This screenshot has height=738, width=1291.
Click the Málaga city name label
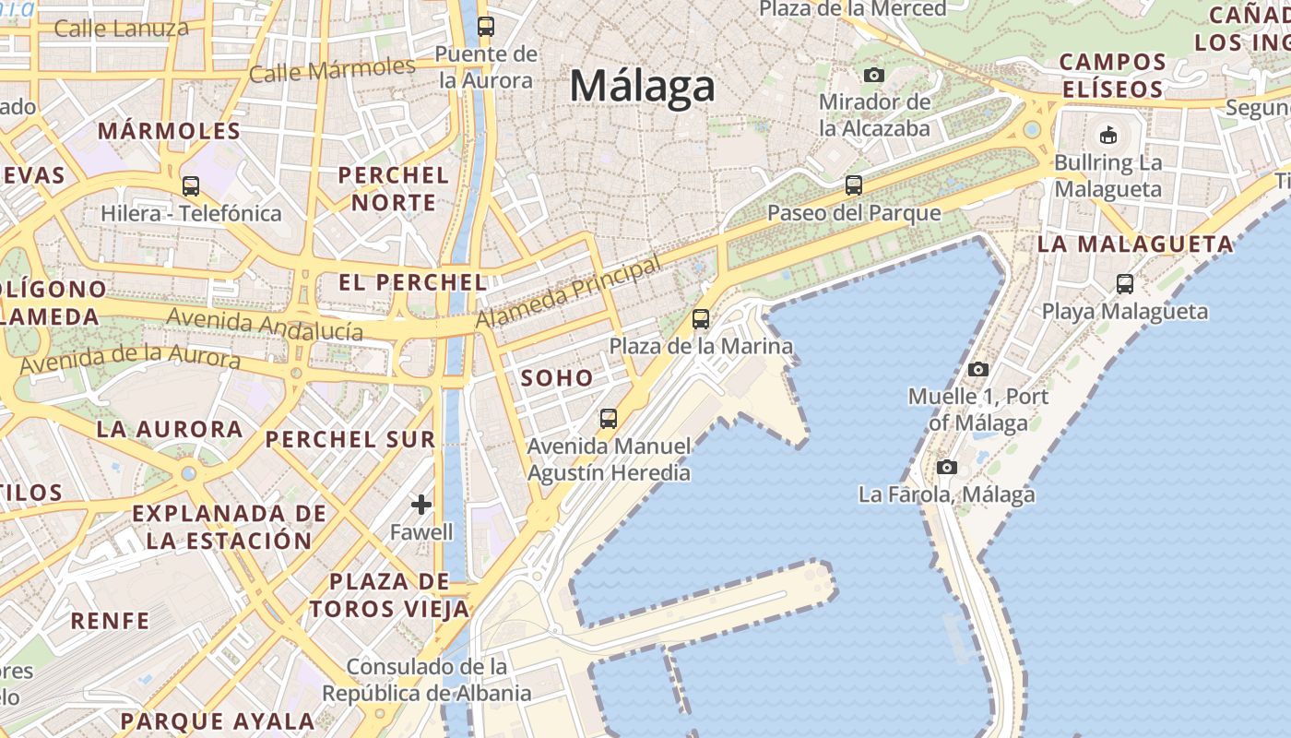(642, 87)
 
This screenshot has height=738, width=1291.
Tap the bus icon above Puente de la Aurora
(486, 27)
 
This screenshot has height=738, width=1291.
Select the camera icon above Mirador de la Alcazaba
(873, 75)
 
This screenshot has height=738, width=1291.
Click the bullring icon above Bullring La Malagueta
(1107, 135)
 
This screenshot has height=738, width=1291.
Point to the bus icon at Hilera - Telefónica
(191, 186)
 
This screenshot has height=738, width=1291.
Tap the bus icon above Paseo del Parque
(854, 185)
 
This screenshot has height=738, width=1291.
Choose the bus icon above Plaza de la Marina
(701, 319)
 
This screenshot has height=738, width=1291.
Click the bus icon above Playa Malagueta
(1125, 284)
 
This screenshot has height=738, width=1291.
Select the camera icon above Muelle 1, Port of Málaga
(978, 370)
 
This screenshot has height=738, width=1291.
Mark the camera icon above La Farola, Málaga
(946, 468)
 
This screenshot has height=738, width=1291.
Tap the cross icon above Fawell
(421, 505)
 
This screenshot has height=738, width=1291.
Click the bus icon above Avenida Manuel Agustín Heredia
(609, 419)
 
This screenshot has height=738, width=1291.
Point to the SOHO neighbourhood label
(557, 377)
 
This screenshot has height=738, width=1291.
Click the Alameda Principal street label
(568, 292)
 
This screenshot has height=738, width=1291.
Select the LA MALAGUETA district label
(1135, 244)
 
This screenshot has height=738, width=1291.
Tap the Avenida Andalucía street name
(265, 325)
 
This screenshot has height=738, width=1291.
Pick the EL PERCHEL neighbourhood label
(412, 282)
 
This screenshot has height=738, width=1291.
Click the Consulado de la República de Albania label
(427, 680)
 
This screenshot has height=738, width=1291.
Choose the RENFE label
(110, 621)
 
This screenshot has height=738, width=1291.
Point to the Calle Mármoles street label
(332, 69)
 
